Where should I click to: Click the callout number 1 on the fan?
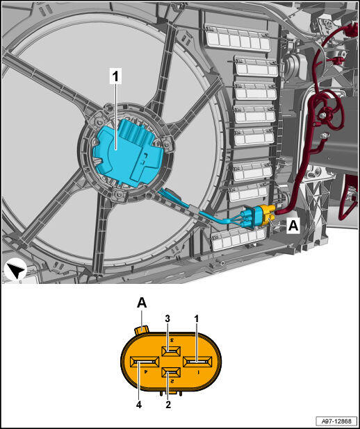115,76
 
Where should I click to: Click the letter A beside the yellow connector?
293,226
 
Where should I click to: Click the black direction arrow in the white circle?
15,269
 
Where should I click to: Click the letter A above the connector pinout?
142,303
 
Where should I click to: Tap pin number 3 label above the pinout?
167,319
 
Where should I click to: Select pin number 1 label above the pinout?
196,319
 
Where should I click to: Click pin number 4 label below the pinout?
139,405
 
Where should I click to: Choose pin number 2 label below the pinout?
168,405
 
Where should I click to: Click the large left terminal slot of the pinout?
145,362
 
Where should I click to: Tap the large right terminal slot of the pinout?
197,362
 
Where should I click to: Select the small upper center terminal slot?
171,351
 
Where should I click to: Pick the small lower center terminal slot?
171,372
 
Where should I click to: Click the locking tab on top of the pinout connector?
142,329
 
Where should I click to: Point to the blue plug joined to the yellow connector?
251,218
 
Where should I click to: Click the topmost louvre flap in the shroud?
237,38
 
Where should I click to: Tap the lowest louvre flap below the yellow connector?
238,239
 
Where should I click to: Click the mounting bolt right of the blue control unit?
166,144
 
